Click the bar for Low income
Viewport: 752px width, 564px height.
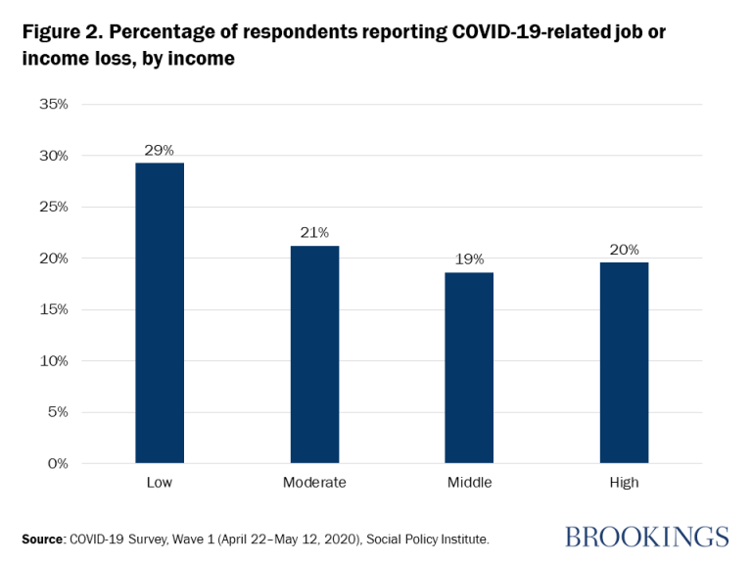[160, 312]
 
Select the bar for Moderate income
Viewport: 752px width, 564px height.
[314, 353]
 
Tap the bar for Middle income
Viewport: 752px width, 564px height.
[469, 367]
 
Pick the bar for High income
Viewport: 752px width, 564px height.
[624, 361]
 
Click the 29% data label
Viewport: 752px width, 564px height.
[160, 150]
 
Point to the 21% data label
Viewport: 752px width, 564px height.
[314, 233]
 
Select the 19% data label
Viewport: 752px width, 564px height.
[469, 259]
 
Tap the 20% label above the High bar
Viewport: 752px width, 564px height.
[624, 250]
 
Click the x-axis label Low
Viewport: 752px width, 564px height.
[160, 483]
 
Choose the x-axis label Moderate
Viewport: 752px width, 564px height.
[314, 483]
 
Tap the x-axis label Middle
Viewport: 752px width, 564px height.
[469, 483]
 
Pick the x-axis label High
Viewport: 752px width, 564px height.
[624, 483]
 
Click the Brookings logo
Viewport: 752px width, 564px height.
[646, 537]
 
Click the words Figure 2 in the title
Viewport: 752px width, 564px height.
[61, 32]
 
